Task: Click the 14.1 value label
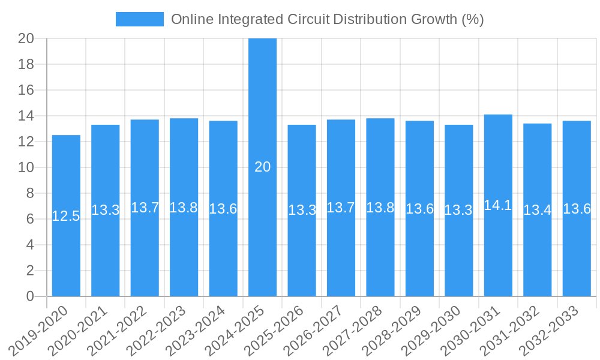[x=498, y=205]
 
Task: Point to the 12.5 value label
[x=66, y=216]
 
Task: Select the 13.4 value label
[x=538, y=210]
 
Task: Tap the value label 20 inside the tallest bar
[x=262, y=167]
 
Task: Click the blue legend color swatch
[x=139, y=19]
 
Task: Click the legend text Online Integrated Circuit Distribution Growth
[x=327, y=19]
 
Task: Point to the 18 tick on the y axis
[x=26, y=64]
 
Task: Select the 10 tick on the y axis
[x=26, y=167]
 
